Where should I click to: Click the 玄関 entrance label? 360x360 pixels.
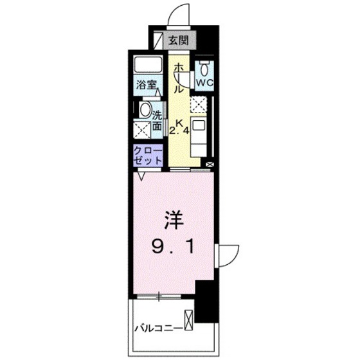click(179, 40)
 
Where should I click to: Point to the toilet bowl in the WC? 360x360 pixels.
click(204, 69)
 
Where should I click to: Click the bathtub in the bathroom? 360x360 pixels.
click(148, 66)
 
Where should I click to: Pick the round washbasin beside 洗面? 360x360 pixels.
click(145, 109)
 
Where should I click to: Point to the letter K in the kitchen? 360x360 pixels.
click(179, 120)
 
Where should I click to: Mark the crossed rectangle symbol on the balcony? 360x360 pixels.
click(188, 320)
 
